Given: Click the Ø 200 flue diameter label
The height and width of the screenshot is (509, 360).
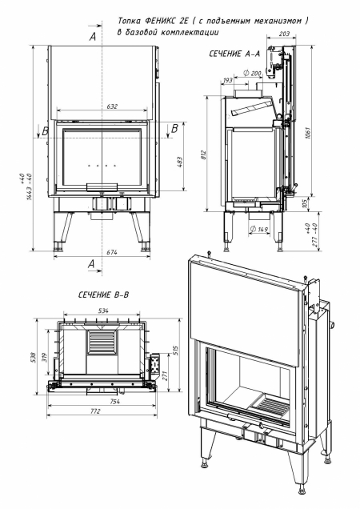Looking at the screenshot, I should [254, 73].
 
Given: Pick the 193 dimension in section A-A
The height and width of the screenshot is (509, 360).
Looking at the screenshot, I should [227, 81].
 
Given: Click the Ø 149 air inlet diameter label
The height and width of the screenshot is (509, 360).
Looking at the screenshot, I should [259, 230].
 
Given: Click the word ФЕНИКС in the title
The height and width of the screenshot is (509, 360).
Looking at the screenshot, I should [170, 21].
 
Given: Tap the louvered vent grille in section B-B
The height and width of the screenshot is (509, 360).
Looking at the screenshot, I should [102, 345].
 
